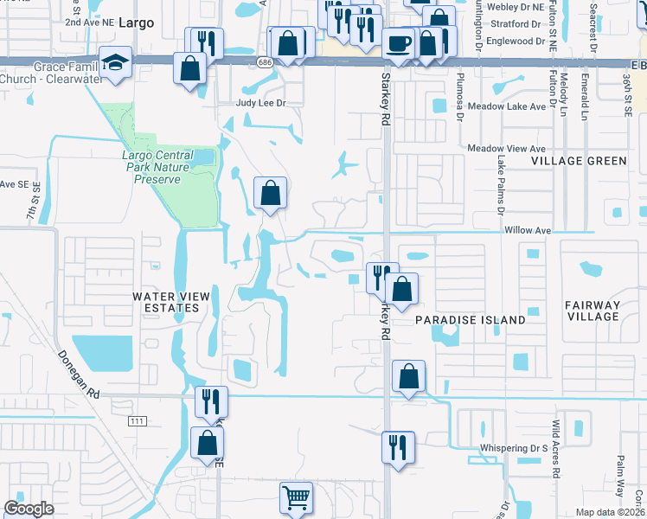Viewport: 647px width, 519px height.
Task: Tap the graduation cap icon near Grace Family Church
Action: [x=114, y=61]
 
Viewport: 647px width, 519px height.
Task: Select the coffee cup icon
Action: [x=399, y=42]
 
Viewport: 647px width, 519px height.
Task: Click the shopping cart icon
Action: [x=296, y=497]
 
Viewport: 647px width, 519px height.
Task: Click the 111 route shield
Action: [x=134, y=420]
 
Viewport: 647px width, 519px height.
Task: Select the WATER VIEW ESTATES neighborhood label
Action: [x=170, y=302]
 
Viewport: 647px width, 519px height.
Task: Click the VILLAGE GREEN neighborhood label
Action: [x=579, y=161]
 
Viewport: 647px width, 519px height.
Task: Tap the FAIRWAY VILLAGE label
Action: [x=592, y=311]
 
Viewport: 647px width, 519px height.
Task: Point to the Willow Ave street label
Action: [x=528, y=231]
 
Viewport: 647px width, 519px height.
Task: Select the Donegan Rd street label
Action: [x=80, y=375]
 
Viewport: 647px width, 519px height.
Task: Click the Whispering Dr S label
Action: [x=514, y=449]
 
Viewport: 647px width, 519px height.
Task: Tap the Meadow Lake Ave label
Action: [x=507, y=106]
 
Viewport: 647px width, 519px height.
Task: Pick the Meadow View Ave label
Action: [x=508, y=149]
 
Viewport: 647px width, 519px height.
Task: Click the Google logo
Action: [x=29, y=509]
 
